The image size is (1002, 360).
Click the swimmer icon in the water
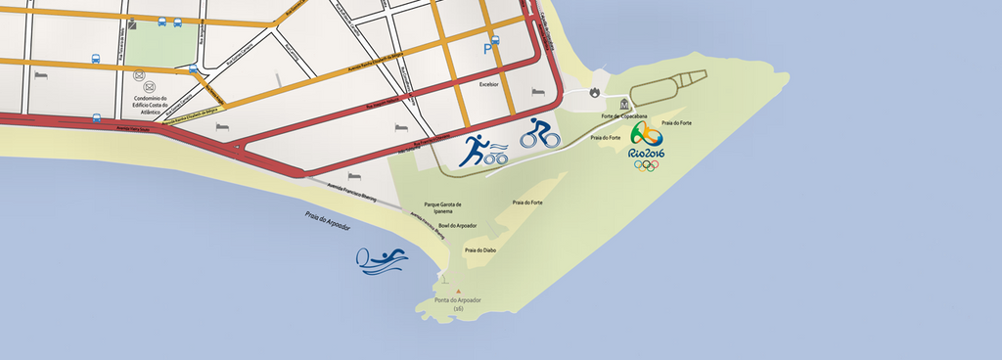click(x=383, y=259)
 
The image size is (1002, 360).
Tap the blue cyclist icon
click(x=539, y=133)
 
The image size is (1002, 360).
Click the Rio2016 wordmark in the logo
click(x=646, y=153)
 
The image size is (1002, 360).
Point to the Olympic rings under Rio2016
click(x=646, y=165)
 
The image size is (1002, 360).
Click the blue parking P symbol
click(x=488, y=48)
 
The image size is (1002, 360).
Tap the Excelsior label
click(x=489, y=84)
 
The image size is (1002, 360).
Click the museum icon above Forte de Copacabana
click(x=623, y=103)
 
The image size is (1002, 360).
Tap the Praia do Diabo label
click(x=481, y=250)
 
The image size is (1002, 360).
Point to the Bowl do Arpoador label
click(x=458, y=226)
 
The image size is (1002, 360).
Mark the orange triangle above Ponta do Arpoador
click(x=457, y=291)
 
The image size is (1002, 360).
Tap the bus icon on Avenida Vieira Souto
click(x=97, y=118)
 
